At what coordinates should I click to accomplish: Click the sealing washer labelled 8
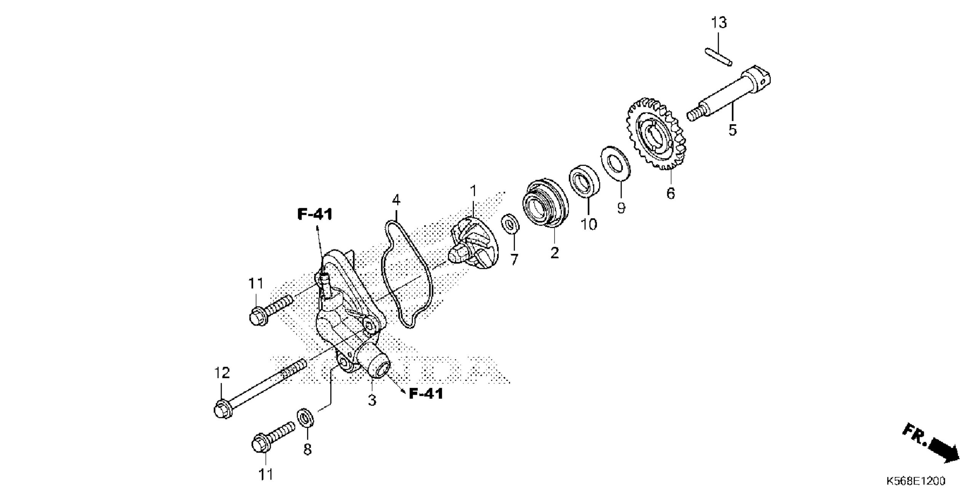tap(305, 418)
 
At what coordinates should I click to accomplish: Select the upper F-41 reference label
tap(315, 214)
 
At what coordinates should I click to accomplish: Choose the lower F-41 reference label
tap(426, 394)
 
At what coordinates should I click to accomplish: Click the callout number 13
tap(719, 23)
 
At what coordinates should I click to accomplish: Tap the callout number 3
tap(372, 400)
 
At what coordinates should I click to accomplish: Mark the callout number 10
tap(589, 224)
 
